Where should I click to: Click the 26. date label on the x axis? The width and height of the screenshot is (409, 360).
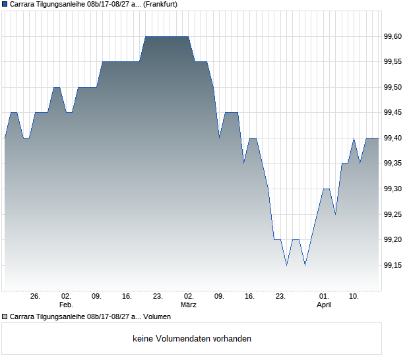(x=36, y=297)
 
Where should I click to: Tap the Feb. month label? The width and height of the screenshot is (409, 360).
(x=66, y=305)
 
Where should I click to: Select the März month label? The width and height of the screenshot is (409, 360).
(x=189, y=305)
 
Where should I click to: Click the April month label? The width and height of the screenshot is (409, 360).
(x=324, y=305)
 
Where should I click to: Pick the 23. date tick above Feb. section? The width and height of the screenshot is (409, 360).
(x=158, y=297)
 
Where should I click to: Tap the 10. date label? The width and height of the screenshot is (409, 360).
(x=354, y=297)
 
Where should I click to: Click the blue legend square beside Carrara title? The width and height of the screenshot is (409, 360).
(x=5, y=4)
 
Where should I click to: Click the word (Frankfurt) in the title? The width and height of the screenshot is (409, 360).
(x=160, y=4)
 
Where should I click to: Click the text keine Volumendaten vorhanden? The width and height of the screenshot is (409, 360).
(x=192, y=339)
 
